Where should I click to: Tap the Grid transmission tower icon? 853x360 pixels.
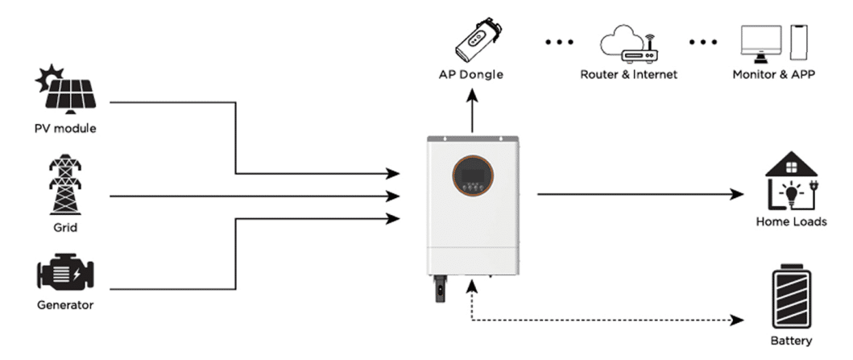point(65,184)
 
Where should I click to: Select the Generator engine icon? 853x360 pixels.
point(65,274)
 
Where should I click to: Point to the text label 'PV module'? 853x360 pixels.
point(65,129)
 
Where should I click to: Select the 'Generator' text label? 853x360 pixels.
point(65,305)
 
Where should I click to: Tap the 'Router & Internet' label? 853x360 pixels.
point(628,75)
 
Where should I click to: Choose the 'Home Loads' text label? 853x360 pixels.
point(791,221)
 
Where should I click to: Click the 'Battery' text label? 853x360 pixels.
point(791,341)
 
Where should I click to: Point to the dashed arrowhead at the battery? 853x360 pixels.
point(736,320)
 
